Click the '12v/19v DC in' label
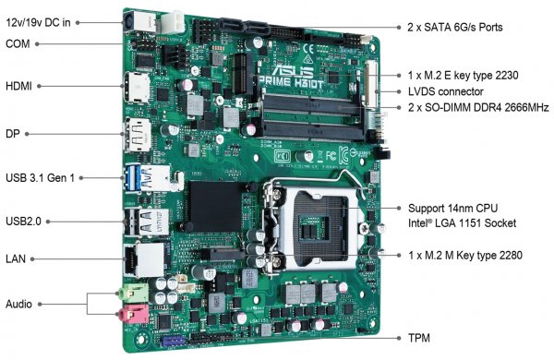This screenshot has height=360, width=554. (38, 22)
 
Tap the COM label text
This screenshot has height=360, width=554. (18, 43)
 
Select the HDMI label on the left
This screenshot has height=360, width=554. (18, 86)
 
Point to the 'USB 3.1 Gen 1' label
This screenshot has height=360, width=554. (40, 178)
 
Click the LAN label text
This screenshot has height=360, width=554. (16, 258)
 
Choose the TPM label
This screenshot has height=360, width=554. (419, 338)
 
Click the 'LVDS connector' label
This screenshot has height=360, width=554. (446, 91)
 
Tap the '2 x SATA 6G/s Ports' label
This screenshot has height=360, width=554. (454, 27)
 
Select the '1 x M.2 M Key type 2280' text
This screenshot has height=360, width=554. (465, 255)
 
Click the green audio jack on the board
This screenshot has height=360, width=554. (133, 293)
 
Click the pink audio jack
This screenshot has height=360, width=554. (133, 314)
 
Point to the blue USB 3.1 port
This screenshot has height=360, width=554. (132, 178)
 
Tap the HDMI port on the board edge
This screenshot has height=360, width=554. (137, 88)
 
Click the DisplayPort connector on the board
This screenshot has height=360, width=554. (138, 135)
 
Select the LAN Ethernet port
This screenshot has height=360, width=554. (144, 259)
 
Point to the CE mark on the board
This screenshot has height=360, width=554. (308, 48)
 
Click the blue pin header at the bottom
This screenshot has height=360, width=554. (174, 342)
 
